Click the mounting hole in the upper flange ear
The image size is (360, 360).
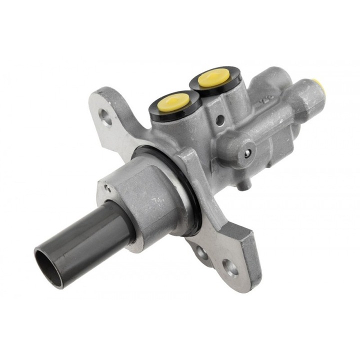click(105, 118)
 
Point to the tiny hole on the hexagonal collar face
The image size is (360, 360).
click(106, 188)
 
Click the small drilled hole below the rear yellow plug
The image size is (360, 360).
click(219, 120)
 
